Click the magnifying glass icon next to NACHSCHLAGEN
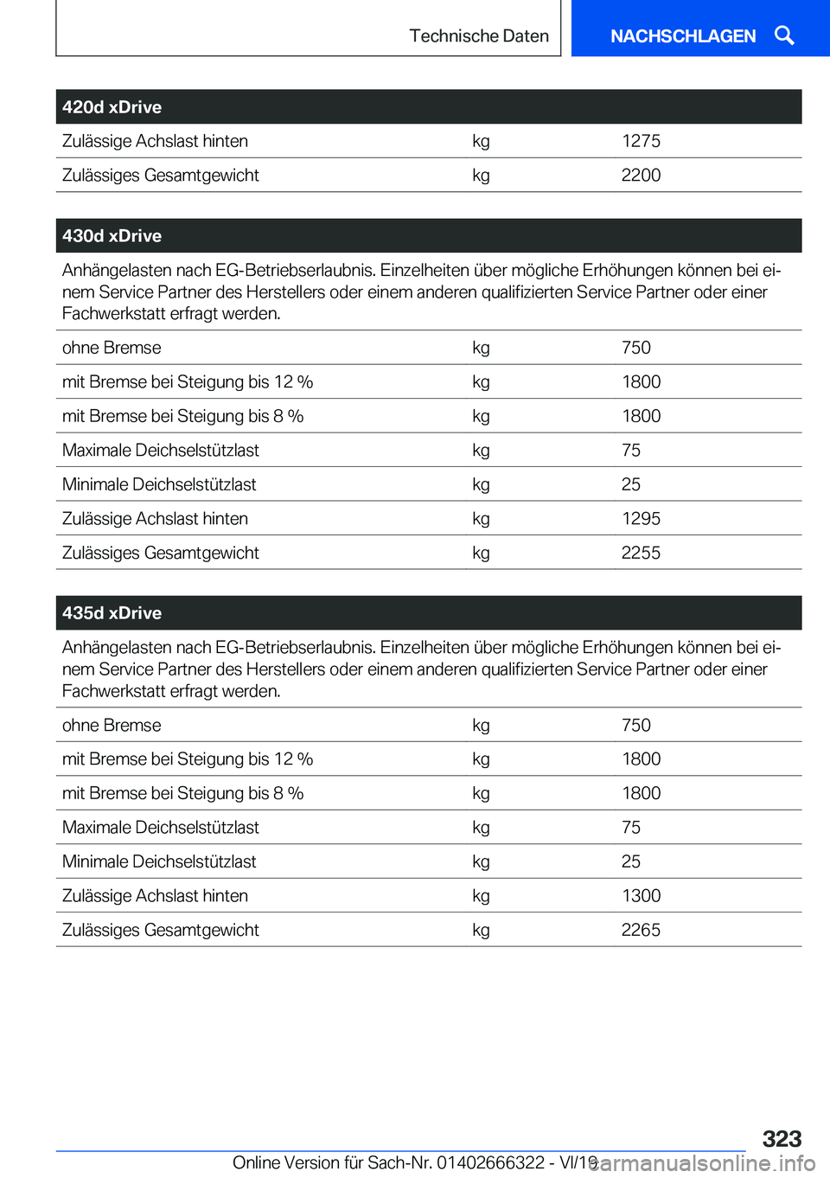pos(784,35)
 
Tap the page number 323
pos(782,1138)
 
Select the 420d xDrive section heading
pos(112,107)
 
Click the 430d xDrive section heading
pos(112,236)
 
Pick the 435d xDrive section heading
pos(112,613)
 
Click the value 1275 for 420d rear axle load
pos(641,141)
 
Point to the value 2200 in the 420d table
pos(641,176)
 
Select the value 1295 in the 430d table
pos(641,519)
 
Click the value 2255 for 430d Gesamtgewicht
pos(641,553)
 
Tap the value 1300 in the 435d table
pos(641,896)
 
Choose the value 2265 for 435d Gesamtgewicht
pos(641,930)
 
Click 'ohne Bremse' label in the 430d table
pos(112,348)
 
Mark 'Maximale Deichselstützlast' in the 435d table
pos(161,828)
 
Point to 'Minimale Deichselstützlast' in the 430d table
pos(159,484)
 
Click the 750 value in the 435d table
pos(636,726)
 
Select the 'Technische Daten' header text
pos(479,36)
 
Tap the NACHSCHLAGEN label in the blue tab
pos(683,36)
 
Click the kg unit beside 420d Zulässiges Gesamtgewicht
pos(481,176)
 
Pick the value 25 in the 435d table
pos(631,861)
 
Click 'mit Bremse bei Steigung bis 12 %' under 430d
pos(188,382)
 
